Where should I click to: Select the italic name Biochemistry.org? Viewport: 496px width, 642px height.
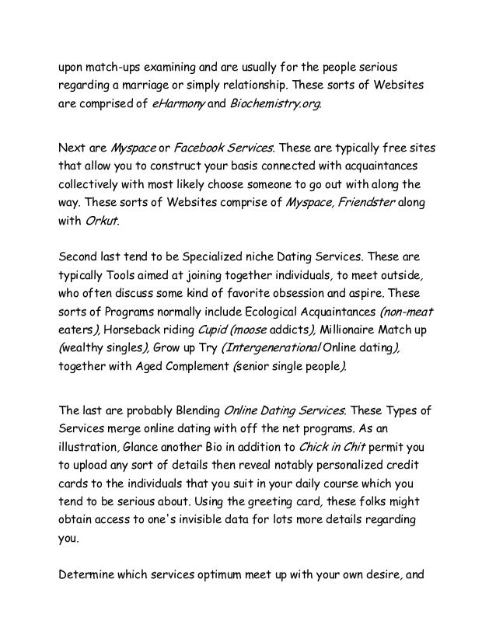coord(275,106)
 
